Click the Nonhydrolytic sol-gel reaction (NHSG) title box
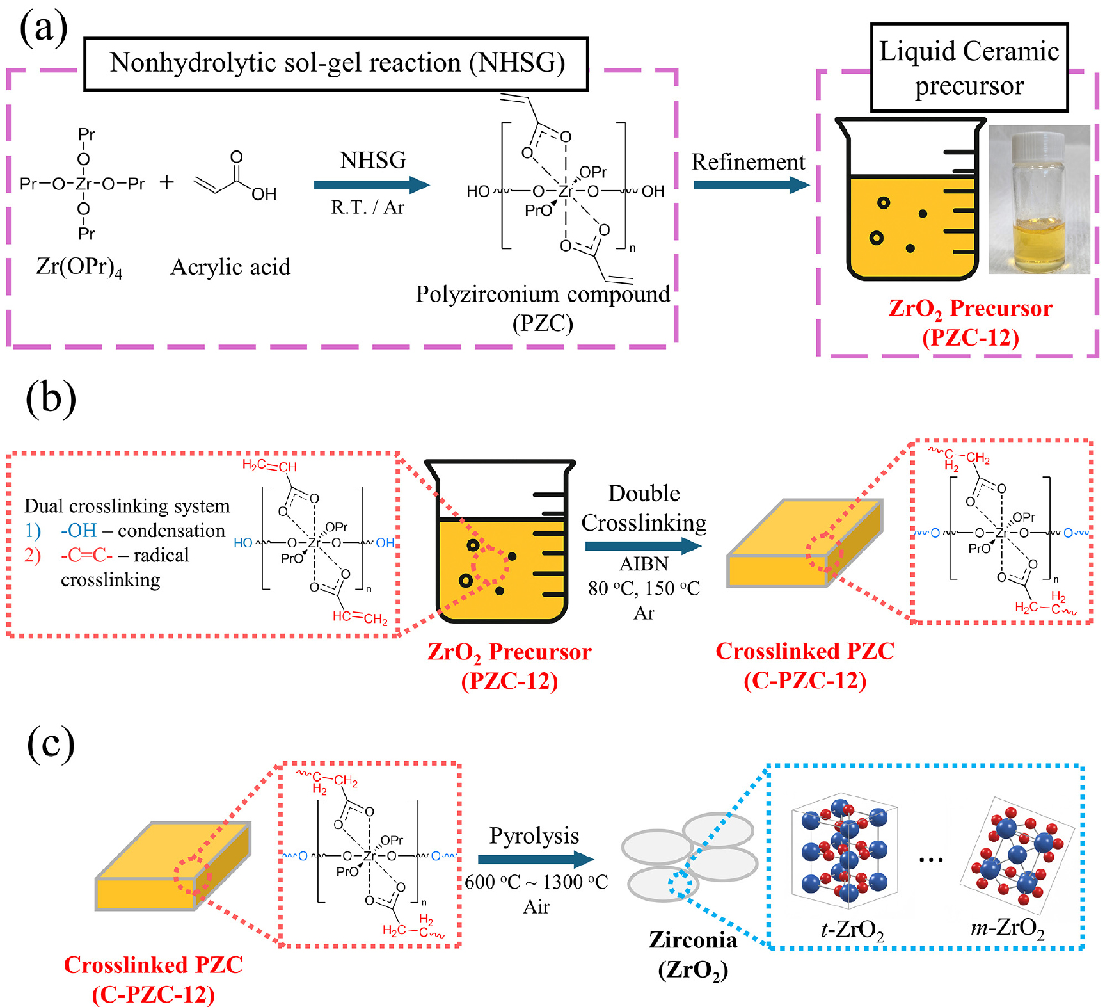click(336, 63)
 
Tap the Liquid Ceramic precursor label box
click(969, 68)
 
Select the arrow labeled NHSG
click(371, 185)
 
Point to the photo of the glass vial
click(1039, 200)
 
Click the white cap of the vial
click(1040, 147)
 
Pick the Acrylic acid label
click(230, 267)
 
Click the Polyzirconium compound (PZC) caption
click(543, 308)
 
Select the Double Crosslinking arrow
click(643, 546)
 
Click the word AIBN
click(644, 564)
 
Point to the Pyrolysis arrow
click(536, 860)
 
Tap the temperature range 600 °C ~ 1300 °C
click(536, 882)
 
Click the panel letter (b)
click(51, 398)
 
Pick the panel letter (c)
click(51, 744)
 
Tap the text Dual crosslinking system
click(127, 506)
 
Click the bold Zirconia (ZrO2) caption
click(693, 955)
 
